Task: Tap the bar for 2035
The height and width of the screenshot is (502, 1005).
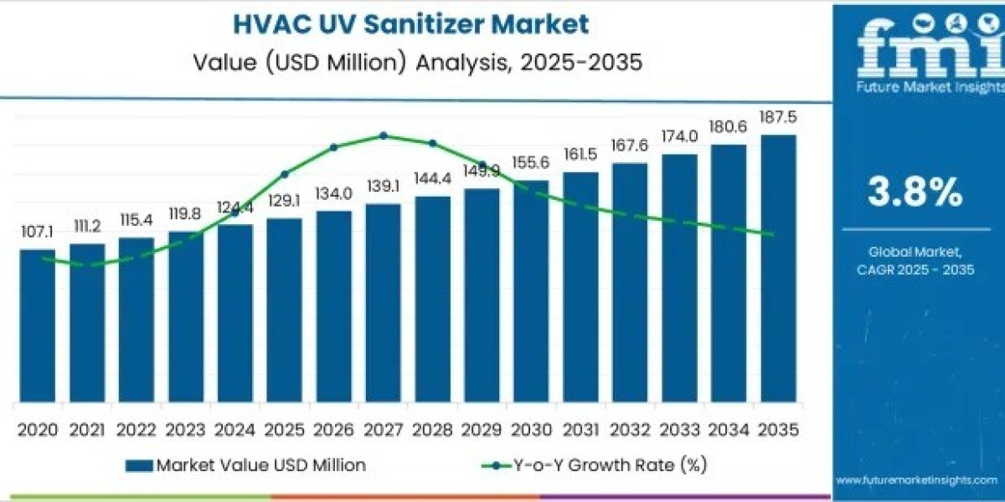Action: pos(778,268)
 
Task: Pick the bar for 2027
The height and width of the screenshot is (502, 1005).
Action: pos(383,301)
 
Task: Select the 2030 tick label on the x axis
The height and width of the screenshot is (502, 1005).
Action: pos(531,429)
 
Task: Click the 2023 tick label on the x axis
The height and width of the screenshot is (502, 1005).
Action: pos(185,429)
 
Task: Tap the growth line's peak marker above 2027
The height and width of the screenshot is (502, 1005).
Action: pos(383,136)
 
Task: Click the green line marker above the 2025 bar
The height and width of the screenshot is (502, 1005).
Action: pos(285,174)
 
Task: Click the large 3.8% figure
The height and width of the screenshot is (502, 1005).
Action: pos(915,193)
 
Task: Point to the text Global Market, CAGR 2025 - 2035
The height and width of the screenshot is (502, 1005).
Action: pos(915,260)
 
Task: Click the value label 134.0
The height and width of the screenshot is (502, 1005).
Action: pos(333,192)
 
